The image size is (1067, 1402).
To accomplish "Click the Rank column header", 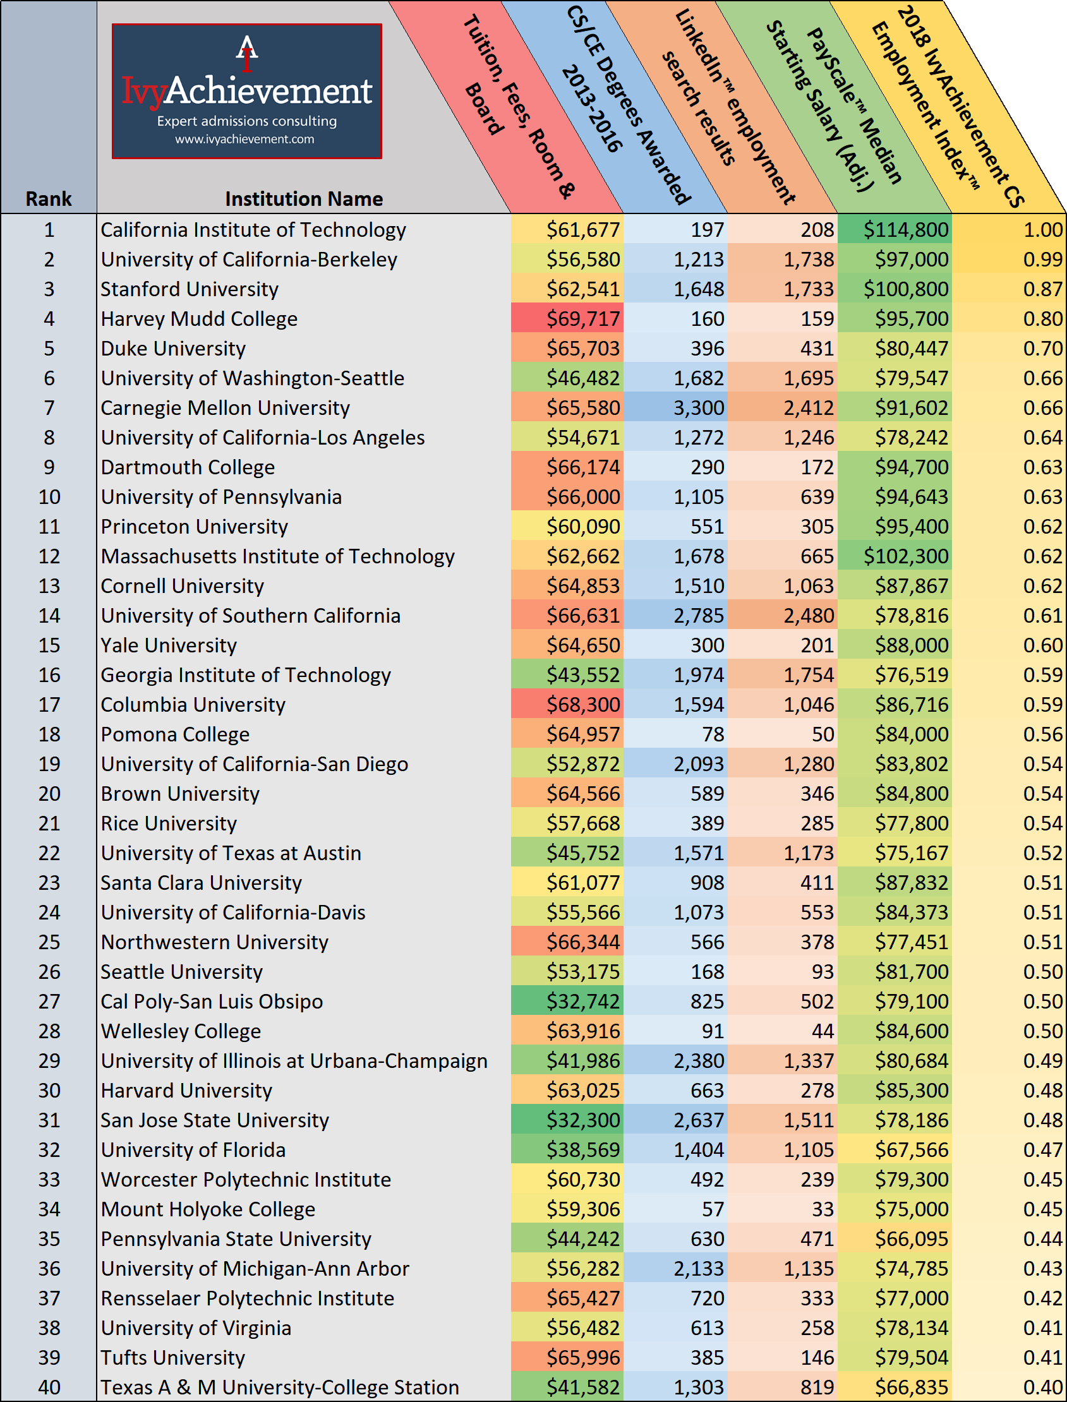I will click(x=48, y=199).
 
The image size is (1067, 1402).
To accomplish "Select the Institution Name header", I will click(x=304, y=199).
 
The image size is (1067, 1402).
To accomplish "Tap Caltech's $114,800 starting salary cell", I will click(x=905, y=230).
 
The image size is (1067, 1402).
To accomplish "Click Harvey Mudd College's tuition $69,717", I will click(x=582, y=319).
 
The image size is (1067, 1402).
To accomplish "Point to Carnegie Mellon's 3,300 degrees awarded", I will click(x=698, y=407).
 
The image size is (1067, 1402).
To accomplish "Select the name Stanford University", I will click(x=190, y=289).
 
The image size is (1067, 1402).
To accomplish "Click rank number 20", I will click(x=49, y=794).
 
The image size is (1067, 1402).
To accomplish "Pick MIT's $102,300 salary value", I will click(x=905, y=556).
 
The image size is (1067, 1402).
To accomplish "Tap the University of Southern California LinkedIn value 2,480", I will click(x=808, y=615).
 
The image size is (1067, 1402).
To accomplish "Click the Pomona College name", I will click(x=174, y=734).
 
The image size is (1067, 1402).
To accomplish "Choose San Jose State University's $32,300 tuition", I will click(x=582, y=1120).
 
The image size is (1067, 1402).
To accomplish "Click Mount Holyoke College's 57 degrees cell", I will click(x=712, y=1209).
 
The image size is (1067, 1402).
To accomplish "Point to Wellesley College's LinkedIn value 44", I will click(x=822, y=1031).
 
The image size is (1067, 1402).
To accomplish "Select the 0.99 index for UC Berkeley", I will click(x=1042, y=260).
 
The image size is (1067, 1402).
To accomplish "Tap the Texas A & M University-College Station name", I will click(x=279, y=1387).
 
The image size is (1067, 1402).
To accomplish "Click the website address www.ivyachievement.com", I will click(x=244, y=139).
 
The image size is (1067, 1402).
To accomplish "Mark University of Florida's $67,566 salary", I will click(x=911, y=1149).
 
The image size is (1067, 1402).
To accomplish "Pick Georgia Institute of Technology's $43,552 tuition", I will click(x=582, y=675).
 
